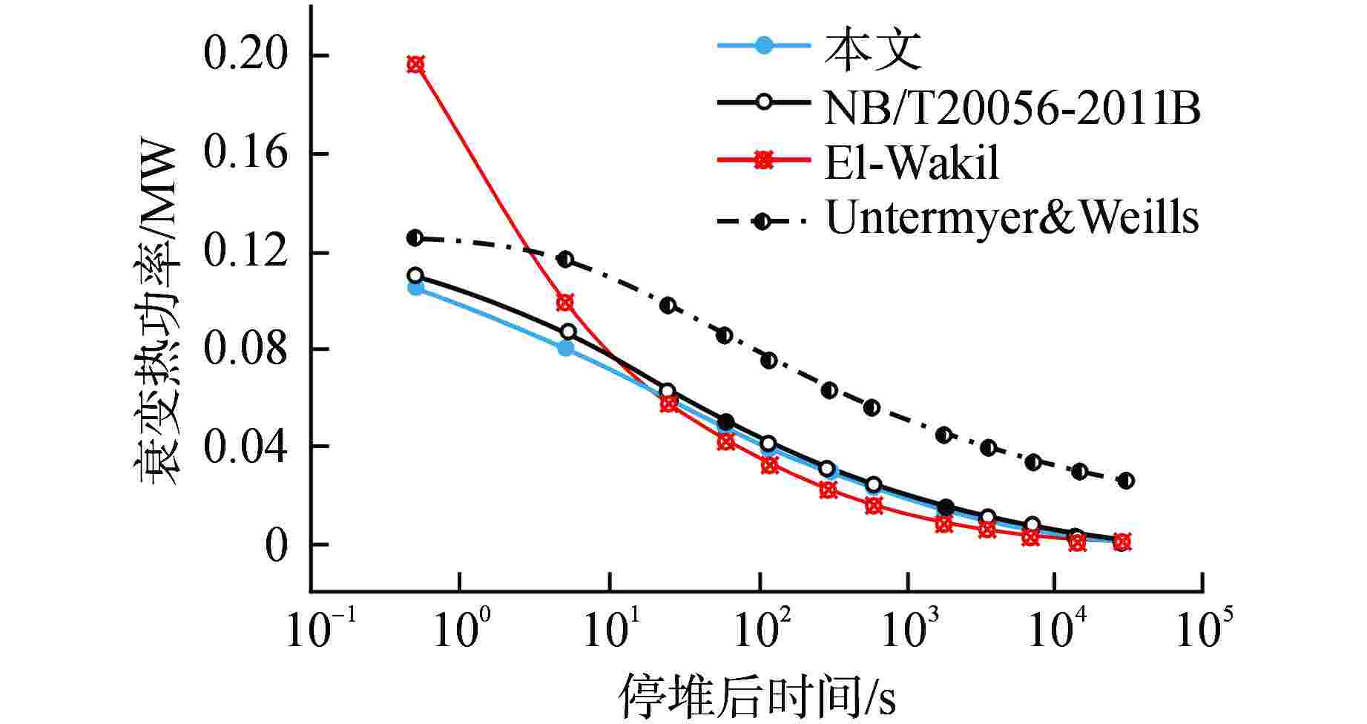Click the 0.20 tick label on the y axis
coord(245,56)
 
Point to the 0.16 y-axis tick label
coord(245,154)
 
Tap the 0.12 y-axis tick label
coord(245,252)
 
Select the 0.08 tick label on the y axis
coord(245,349)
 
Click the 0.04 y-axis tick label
coord(245,447)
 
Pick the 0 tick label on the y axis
coord(275,546)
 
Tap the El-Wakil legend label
coord(912,162)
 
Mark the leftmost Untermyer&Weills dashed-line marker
coord(415,237)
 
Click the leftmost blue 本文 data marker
coord(416,288)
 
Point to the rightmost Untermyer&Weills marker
coord(1126,481)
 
